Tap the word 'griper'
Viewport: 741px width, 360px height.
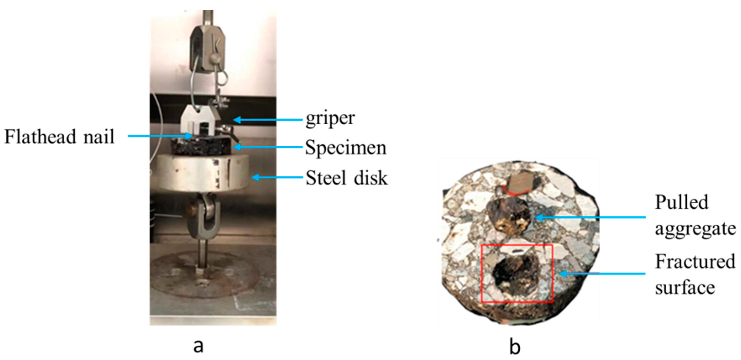pos(330,118)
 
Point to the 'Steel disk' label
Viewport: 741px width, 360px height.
pos(346,177)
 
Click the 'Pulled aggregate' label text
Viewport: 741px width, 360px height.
pos(695,215)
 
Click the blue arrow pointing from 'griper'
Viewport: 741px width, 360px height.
pos(267,120)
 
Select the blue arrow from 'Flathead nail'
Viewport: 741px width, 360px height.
pos(160,136)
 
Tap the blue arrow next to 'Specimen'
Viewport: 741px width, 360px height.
pos(267,147)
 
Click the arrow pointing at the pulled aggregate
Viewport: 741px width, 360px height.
pos(590,217)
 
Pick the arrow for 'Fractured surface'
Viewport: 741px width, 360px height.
pos(601,273)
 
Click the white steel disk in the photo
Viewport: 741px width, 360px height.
pos(201,173)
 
